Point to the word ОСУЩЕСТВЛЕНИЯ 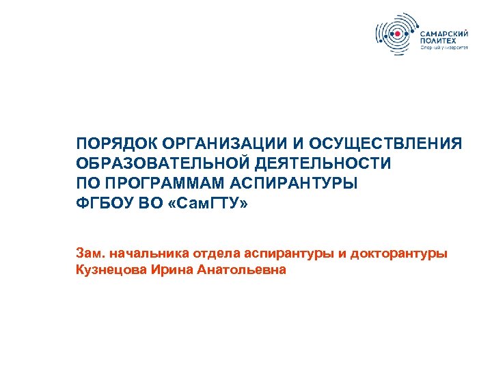386,145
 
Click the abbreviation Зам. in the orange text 90,254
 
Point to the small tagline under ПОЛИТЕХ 444,49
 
